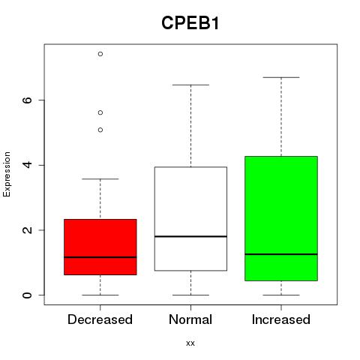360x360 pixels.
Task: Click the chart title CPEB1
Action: (190, 23)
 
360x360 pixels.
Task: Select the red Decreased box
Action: (100, 247)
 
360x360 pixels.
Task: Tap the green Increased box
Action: (281, 218)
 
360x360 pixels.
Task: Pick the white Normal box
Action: (190, 219)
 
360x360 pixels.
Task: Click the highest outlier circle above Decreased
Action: (100, 54)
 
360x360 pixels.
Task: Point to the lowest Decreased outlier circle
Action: (100, 130)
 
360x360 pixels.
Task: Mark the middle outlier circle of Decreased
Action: (100, 112)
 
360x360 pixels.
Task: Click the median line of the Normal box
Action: (190, 236)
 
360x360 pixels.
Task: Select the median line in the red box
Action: (100, 257)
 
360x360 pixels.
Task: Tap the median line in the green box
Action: (281, 254)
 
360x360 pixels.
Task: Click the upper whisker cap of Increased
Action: (281, 77)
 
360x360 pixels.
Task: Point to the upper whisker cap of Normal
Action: (190, 85)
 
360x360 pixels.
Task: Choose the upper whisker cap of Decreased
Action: (100, 179)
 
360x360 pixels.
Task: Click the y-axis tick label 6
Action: (28, 100)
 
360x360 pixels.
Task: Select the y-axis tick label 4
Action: (28, 165)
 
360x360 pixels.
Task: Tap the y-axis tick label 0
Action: (28, 295)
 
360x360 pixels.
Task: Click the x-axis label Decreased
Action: (100, 319)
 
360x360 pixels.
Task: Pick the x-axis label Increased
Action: (281, 319)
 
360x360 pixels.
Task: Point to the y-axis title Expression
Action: (7, 174)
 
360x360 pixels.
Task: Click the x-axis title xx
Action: (190, 343)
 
